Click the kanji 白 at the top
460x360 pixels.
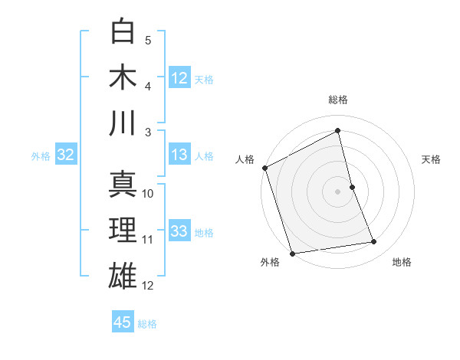coord(123,31)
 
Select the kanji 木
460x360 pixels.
coord(123,77)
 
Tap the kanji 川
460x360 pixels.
coord(123,123)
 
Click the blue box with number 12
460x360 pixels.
coord(179,78)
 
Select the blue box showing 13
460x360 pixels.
coord(179,155)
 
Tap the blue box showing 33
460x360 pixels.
coord(179,231)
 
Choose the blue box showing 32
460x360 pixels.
coord(65,155)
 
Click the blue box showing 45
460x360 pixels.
coord(123,322)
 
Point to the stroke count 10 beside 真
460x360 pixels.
coord(148,194)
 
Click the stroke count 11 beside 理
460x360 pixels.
coord(148,240)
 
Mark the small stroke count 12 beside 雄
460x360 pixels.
coord(148,286)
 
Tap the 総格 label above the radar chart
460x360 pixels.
coord(338,100)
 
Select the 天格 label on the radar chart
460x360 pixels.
coord(431,159)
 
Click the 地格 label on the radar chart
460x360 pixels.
coord(402,262)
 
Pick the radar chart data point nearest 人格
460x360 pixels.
coord(264,168)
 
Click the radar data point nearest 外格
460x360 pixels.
coord(292,253)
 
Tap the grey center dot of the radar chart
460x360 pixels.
coord(338,191)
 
